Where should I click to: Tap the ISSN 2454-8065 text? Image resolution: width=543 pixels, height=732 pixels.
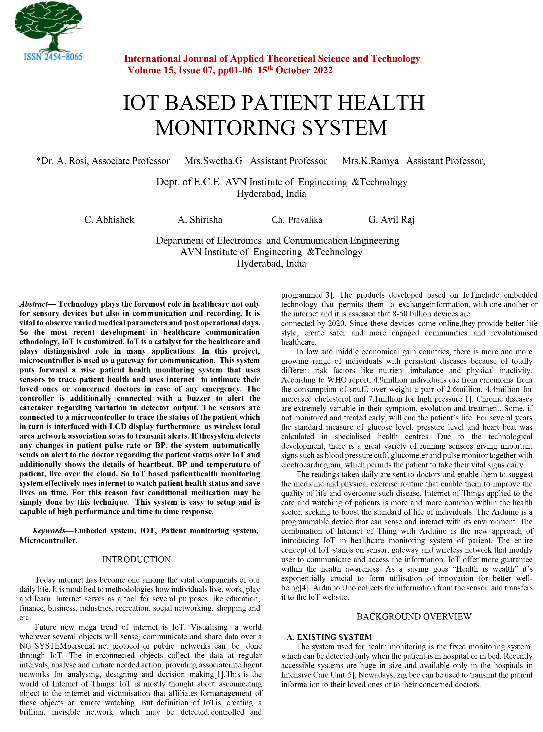pos(53,57)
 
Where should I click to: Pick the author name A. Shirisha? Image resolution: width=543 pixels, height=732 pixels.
pos(200,220)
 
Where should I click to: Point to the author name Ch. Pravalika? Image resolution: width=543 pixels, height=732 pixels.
pos(297,220)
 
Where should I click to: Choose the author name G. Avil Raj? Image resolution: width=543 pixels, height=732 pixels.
pos(391,220)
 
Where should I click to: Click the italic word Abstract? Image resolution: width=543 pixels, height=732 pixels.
pos(33,304)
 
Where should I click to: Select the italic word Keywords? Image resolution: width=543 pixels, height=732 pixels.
pos(49,531)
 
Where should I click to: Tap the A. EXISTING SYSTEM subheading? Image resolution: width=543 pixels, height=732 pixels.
pos(329,637)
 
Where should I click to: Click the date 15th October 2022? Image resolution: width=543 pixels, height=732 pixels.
pos(295,70)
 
